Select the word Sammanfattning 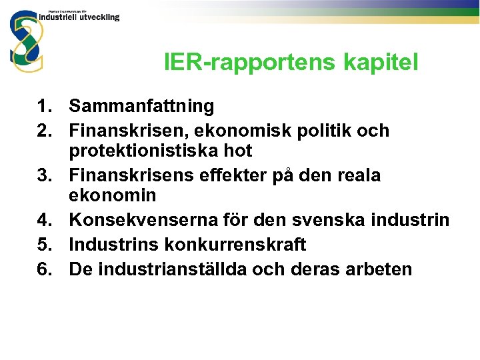[x=141, y=105]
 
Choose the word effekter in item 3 [x=230, y=175]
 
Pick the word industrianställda [x=179, y=269]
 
